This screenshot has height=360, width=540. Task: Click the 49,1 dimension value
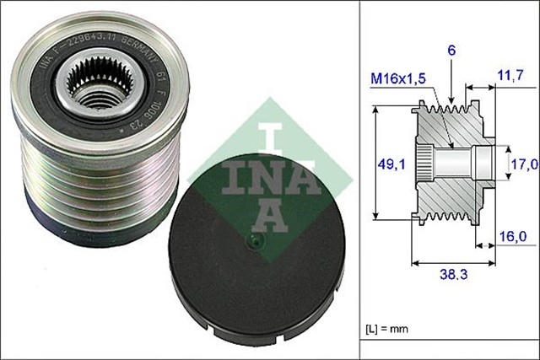387,166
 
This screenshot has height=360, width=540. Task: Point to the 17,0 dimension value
523,164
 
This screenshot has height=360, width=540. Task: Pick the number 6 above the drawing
453,51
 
